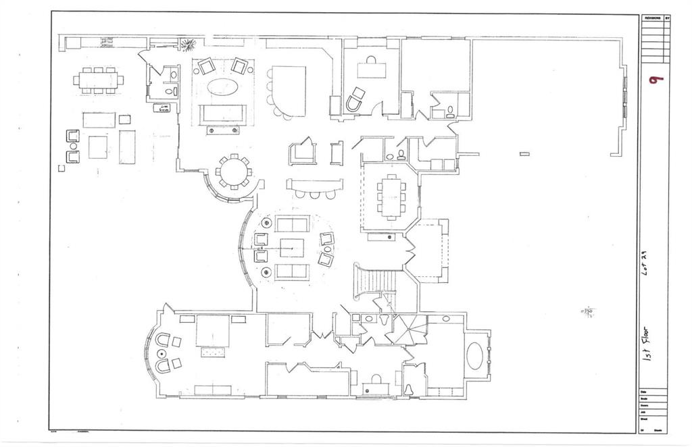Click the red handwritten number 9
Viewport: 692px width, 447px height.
click(x=655, y=79)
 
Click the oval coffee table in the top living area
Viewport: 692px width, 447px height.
click(x=222, y=87)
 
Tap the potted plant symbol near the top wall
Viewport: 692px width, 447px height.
click(x=187, y=45)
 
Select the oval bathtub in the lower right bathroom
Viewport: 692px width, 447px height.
click(x=475, y=356)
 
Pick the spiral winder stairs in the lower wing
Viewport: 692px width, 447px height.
click(x=410, y=330)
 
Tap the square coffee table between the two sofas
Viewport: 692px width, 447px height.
click(x=292, y=248)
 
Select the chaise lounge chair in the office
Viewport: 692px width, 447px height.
click(x=355, y=100)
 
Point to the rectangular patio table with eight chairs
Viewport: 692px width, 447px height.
click(x=99, y=80)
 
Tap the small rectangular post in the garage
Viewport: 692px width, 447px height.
click(x=524, y=154)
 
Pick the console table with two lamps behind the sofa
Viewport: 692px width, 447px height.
click(x=222, y=130)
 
